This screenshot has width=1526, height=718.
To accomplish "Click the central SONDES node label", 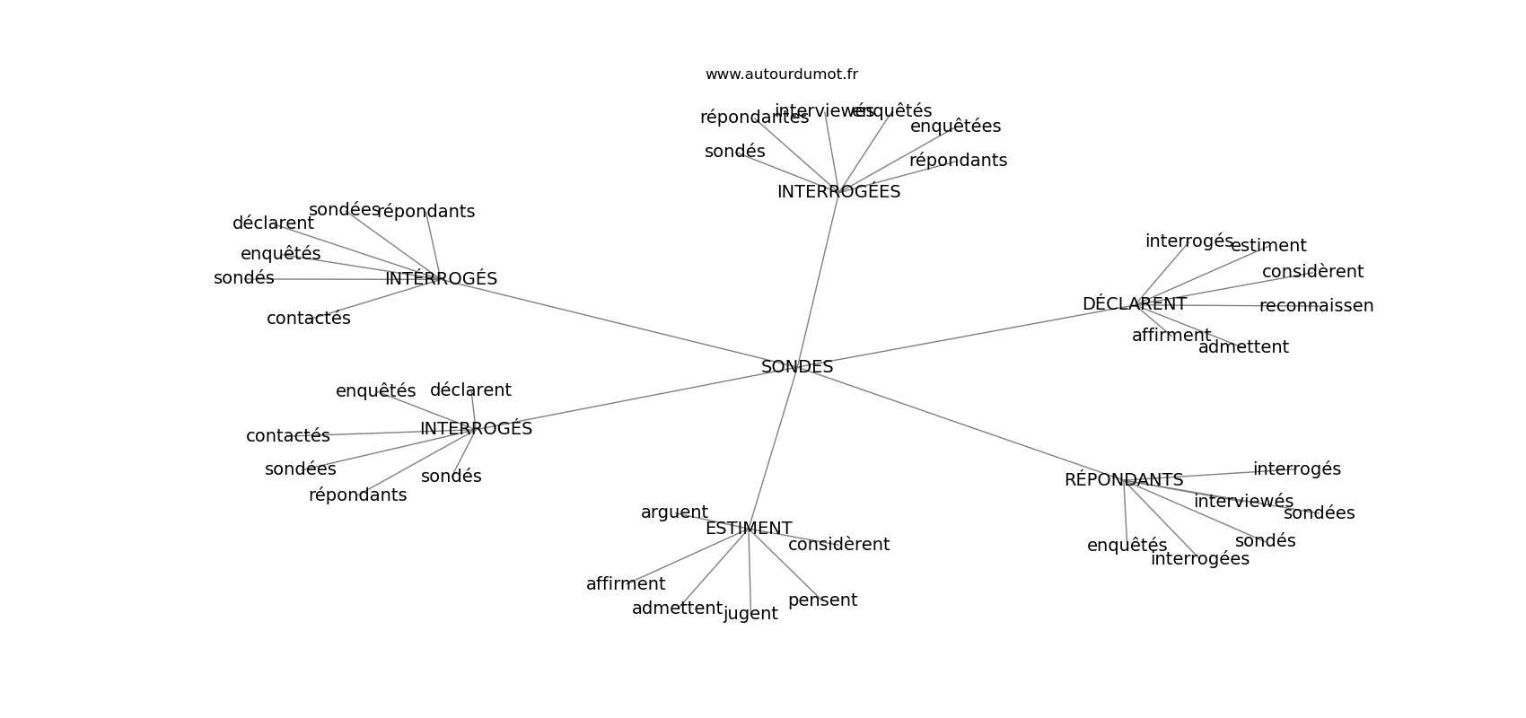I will tap(797, 367).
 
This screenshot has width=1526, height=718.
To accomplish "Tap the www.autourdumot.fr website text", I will tap(781, 74).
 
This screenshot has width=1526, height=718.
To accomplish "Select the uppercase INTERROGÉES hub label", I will tap(838, 192).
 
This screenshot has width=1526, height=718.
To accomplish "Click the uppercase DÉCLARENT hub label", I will tap(1134, 304).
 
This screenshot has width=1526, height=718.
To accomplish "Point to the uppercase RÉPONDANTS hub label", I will tap(1124, 480).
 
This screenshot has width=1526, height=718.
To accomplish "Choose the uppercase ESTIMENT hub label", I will tap(749, 529).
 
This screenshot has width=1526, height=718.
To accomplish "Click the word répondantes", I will tap(754, 118).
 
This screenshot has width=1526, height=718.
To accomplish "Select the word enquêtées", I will tap(955, 127).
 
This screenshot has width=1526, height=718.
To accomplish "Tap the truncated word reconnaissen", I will tap(1316, 306).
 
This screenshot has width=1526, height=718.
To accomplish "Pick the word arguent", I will tap(674, 512).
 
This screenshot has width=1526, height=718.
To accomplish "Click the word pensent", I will tap(822, 600).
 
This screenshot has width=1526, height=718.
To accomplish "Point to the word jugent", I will tap(750, 614).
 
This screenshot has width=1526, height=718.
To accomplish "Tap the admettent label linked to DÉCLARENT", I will tap(1243, 347).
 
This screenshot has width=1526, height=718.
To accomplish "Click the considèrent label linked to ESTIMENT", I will tap(838, 545).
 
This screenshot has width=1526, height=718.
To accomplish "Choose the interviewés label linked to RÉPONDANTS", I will tap(1243, 502).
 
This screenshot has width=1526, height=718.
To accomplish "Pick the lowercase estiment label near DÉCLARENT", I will tap(1267, 246).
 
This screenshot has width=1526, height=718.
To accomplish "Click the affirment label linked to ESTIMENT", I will tap(626, 584).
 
